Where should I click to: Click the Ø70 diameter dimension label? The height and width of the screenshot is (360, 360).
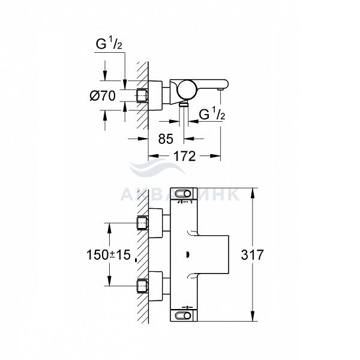tap(103, 95)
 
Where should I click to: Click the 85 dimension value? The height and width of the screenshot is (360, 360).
tap(166, 139)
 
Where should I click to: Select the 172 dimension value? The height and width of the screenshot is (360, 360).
tap(184, 156)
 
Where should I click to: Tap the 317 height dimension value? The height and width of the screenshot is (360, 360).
tap(253, 255)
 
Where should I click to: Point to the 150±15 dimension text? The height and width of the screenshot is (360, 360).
tap(109, 255)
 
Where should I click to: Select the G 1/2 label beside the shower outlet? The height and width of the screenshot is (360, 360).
tap(212, 113)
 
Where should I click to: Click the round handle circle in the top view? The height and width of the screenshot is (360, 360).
tap(187, 89)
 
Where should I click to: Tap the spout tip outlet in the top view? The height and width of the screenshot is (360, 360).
tap(221, 89)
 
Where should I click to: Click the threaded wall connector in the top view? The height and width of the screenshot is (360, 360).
tap(142, 95)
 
